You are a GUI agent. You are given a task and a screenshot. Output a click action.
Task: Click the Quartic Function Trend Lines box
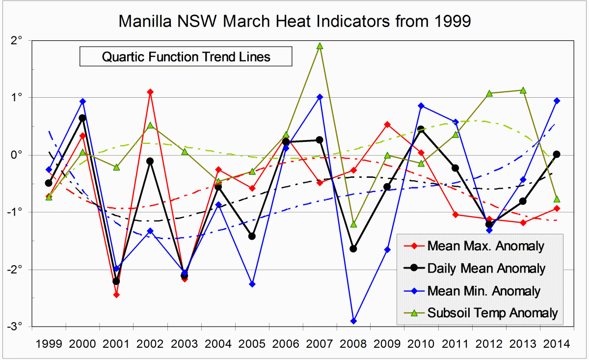(x=186, y=56)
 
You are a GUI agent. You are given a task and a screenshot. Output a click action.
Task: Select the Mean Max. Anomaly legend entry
(x=485, y=246)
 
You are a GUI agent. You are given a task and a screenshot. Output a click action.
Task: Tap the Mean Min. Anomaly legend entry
(x=483, y=291)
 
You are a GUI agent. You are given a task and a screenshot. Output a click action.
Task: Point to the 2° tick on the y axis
(x=19, y=41)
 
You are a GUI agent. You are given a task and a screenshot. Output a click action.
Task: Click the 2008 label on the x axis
(x=353, y=342)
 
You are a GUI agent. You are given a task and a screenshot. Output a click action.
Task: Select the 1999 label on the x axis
(x=49, y=342)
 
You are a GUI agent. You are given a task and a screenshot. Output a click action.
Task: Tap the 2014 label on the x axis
(x=557, y=342)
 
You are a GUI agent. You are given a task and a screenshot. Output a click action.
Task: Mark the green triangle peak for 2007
(x=320, y=46)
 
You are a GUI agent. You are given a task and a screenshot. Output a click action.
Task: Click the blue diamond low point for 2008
(x=353, y=321)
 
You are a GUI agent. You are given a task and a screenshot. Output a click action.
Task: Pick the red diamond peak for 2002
(x=150, y=92)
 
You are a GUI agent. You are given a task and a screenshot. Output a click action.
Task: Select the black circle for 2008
(x=353, y=249)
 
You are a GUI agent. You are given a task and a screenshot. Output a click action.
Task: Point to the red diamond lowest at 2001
(x=116, y=295)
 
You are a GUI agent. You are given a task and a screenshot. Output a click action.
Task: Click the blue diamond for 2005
(x=252, y=284)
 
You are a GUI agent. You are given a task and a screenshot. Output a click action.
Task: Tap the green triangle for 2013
(x=523, y=90)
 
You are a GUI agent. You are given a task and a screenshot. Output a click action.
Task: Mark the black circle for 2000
(x=82, y=118)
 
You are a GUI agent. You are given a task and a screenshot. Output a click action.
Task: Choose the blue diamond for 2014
(x=557, y=101)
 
